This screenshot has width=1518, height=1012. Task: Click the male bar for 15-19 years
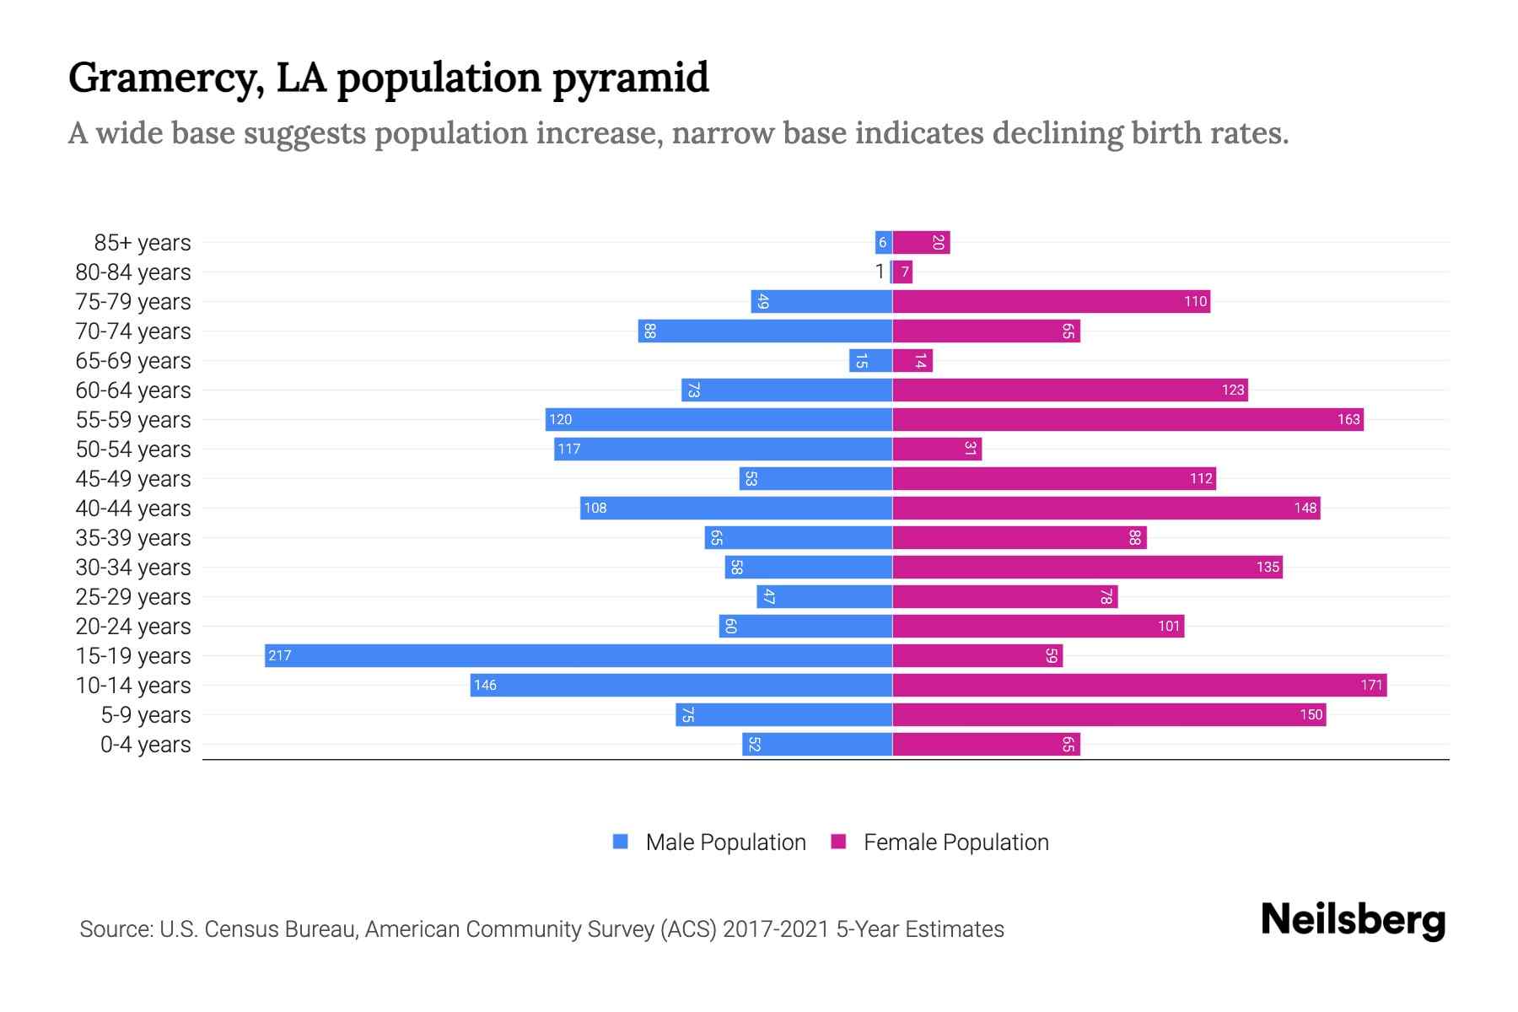(579, 655)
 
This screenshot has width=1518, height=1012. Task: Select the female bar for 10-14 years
(1139, 685)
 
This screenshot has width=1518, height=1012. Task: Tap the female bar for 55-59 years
(1128, 419)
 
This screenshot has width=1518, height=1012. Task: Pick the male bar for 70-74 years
(765, 331)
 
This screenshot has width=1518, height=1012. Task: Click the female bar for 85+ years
(921, 242)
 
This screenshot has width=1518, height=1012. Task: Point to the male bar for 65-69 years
(870, 360)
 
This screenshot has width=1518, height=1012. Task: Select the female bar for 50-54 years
(937, 449)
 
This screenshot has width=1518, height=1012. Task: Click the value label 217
(280, 655)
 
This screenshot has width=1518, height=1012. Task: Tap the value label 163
(1348, 419)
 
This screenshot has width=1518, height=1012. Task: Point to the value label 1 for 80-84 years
(880, 272)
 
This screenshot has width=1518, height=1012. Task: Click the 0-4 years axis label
(145, 745)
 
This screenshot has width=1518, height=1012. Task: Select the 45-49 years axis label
(133, 479)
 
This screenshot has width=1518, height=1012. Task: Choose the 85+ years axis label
(143, 243)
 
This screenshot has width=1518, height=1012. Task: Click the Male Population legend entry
(725, 842)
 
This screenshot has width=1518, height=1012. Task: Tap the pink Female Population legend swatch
(838, 842)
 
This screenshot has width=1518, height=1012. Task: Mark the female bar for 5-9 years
(1109, 714)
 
